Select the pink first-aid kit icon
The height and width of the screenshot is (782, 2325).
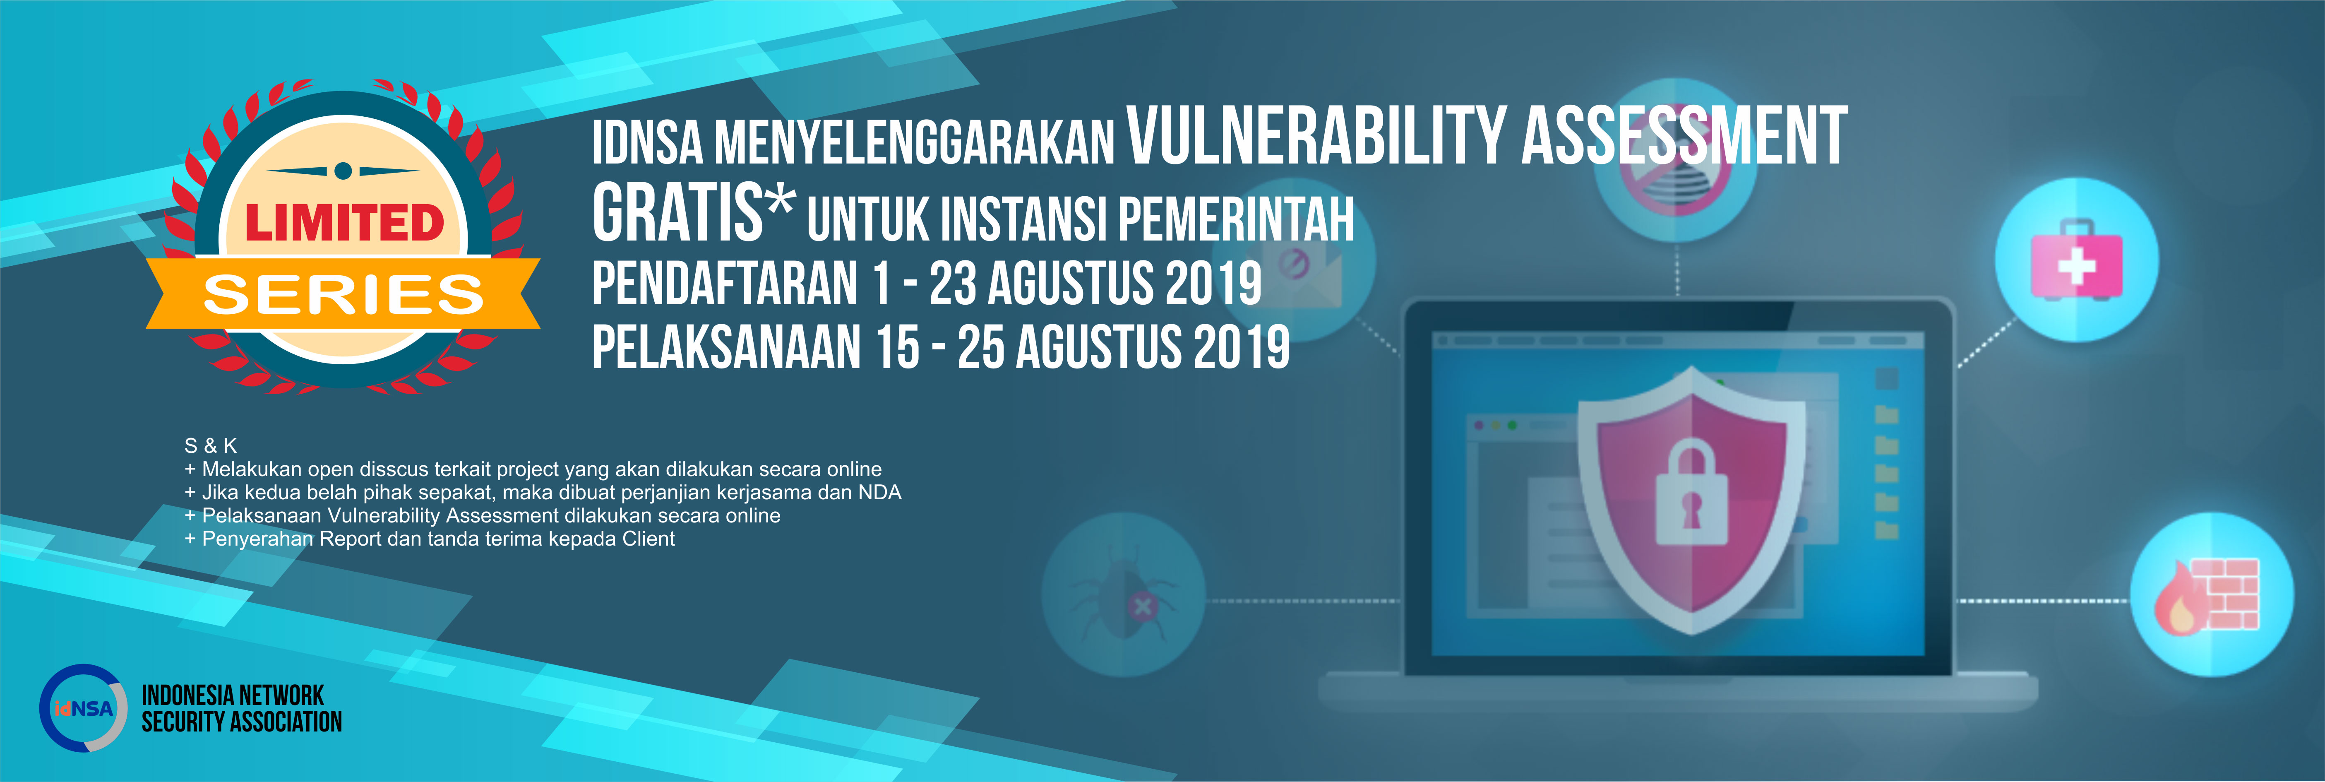2076,259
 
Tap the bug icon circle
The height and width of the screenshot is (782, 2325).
1123,594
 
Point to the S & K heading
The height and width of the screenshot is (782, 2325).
210,445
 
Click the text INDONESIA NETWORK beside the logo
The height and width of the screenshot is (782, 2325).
233,695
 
